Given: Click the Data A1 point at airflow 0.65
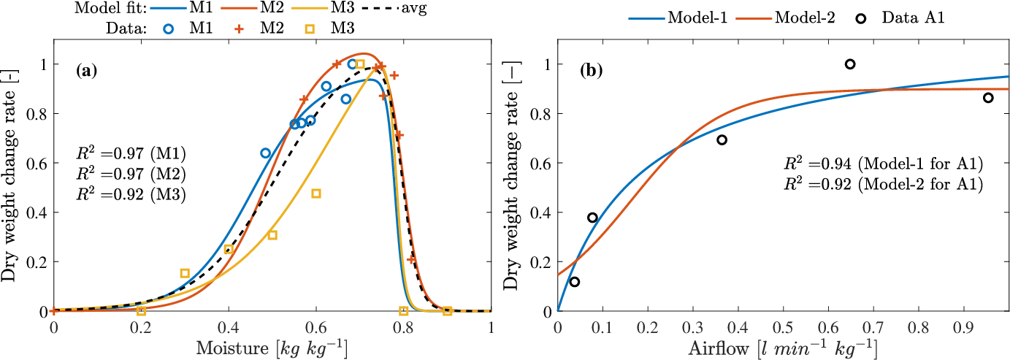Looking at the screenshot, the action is (x=850, y=64).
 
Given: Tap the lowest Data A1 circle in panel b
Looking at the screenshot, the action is (x=575, y=282).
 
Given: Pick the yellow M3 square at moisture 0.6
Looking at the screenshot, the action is (x=316, y=194).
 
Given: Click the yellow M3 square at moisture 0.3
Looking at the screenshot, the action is (x=185, y=273).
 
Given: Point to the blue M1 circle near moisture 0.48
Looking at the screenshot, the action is (x=265, y=153).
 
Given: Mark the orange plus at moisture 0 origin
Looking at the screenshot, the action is (x=53, y=311).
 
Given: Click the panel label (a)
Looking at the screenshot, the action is (x=87, y=71).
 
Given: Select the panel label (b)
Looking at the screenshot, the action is (x=592, y=71).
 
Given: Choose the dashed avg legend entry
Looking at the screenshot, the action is (x=394, y=9).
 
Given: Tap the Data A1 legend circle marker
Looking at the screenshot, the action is (x=861, y=18).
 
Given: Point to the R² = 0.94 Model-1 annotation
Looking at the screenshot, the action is (x=883, y=164).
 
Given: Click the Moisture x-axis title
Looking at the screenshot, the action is (x=272, y=348).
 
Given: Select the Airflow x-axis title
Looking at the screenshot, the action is (x=784, y=348).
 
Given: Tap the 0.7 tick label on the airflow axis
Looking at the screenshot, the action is (x=874, y=326).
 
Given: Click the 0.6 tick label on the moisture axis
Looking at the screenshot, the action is (x=316, y=326).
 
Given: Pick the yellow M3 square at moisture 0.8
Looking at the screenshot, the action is (x=404, y=311).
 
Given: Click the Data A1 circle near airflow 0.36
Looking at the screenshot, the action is (x=722, y=140).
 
